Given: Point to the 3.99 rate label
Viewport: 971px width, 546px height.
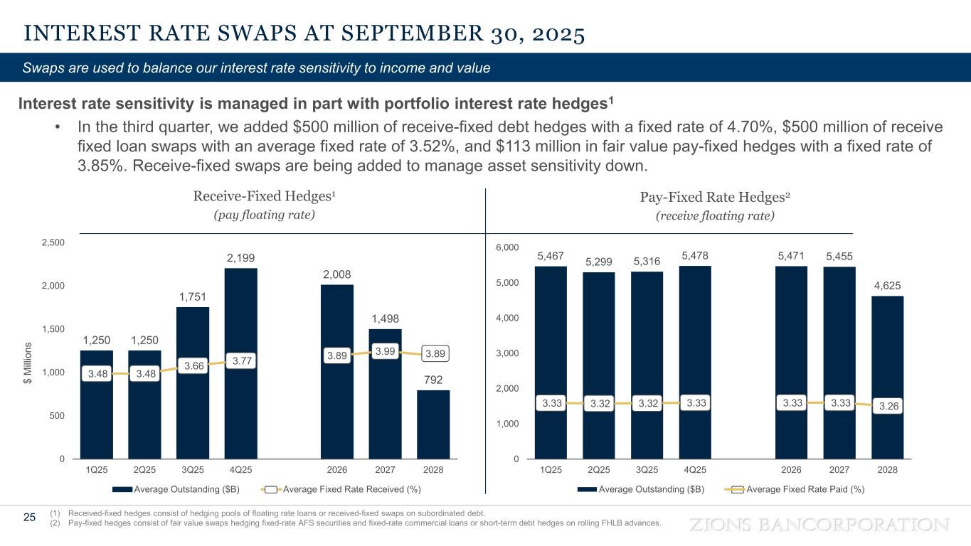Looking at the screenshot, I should pos(385,350).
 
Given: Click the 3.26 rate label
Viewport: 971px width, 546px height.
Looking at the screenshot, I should pos(887,407).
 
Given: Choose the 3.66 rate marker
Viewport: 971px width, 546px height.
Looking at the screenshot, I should pos(193,365).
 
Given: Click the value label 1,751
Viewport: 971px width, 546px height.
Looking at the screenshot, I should pos(193,296).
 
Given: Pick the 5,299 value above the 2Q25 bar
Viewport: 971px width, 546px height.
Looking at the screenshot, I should pos(599,262).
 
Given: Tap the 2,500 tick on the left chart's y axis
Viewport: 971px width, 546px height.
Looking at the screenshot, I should pos(53,242).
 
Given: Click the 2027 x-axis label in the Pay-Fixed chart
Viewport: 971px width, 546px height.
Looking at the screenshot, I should pos(839,470).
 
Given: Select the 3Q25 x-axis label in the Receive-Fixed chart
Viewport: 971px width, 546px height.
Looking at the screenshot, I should pos(193,470).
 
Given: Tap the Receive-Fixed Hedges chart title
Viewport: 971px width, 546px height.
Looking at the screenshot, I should pos(264,196).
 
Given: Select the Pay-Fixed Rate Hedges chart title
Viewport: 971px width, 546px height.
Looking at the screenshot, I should pos(714,196).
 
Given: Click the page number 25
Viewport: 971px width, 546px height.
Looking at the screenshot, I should pos(29,518).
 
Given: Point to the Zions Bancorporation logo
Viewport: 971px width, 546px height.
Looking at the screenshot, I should pos(820,525).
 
